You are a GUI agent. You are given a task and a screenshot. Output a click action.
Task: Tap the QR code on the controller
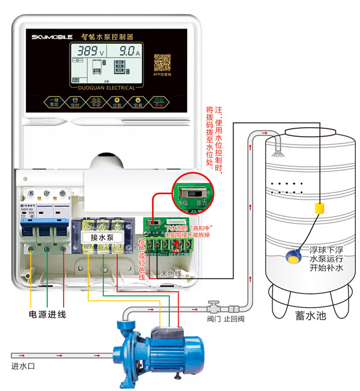(x=161, y=62)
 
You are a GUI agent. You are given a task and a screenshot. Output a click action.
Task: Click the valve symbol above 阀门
(x=212, y=305)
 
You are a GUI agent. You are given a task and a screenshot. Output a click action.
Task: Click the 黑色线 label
(x=171, y=273)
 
